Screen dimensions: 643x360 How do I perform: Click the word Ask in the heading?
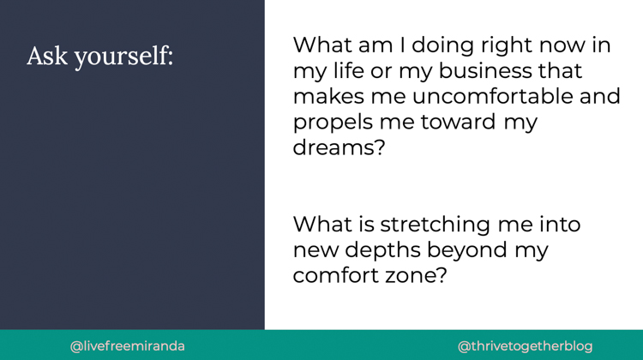[47, 56]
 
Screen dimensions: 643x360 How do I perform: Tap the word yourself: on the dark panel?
[123, 57]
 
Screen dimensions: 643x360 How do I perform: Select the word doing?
[443, 46]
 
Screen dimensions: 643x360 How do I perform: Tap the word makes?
[328, 96]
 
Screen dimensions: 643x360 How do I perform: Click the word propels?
[333, 123]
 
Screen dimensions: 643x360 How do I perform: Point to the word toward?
[458, 122]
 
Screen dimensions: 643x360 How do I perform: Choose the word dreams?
[340, 147]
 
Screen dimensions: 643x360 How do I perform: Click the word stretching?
[435, 225]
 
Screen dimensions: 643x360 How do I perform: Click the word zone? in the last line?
[416, 275]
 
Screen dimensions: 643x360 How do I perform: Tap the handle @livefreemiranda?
[128, 346]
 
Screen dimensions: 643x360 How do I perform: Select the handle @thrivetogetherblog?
[526, 347]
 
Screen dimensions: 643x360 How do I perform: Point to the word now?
[562, 46]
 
